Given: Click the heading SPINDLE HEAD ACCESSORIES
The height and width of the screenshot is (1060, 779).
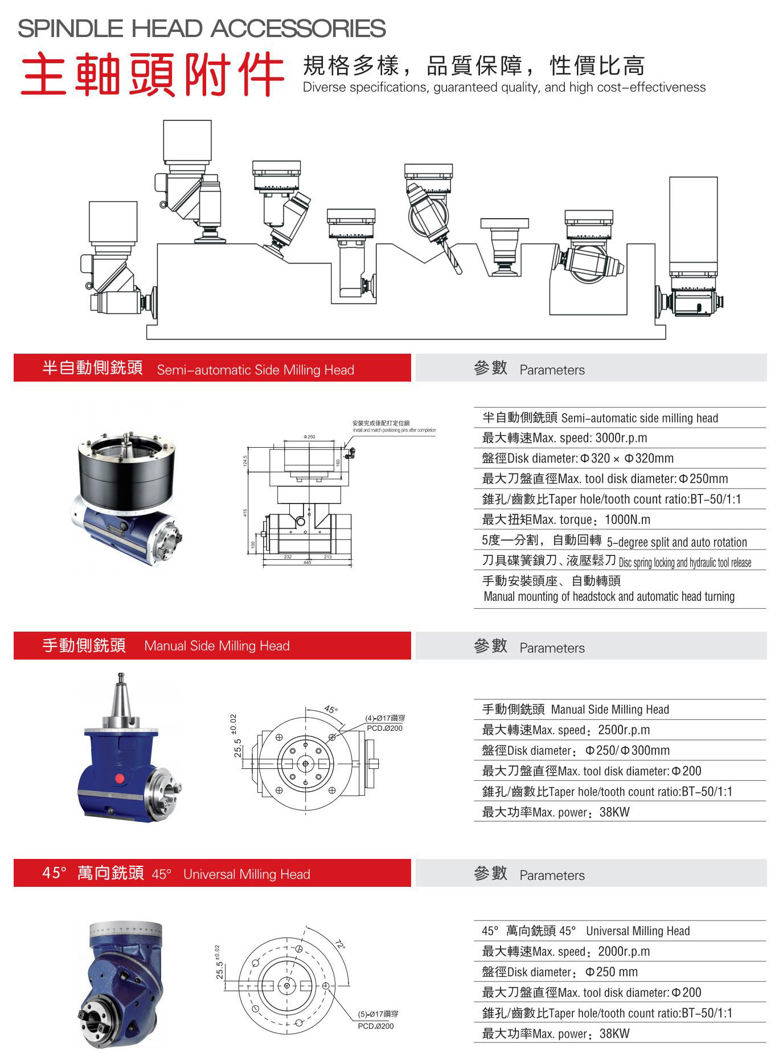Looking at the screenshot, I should pos(202,28).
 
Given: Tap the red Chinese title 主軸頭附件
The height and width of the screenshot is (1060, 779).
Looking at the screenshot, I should pos(152,75).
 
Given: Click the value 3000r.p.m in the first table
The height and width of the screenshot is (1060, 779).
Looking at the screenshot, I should pos(621,438).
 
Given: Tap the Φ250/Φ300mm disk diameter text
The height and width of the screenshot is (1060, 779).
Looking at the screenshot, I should pos(627,751).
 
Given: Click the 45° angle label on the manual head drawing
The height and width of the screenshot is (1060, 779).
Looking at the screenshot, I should pos(331,710).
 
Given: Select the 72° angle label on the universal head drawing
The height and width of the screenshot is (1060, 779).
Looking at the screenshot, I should pos(340,944).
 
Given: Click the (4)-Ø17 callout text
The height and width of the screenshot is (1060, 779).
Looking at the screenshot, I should pos(385,718).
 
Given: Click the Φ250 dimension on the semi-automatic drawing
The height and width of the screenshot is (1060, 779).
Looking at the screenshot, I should pos(309,437).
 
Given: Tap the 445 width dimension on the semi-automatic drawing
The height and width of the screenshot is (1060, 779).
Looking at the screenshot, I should pos(307,563).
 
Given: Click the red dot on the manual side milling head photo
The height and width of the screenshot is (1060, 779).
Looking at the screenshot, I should pos(120,779).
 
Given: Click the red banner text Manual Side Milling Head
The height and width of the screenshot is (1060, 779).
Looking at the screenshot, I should pos(217,646).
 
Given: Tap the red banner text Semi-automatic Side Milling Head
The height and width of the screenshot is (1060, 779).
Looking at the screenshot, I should pos(255,370).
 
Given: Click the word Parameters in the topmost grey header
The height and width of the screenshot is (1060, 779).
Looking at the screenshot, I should pos(552,370).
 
